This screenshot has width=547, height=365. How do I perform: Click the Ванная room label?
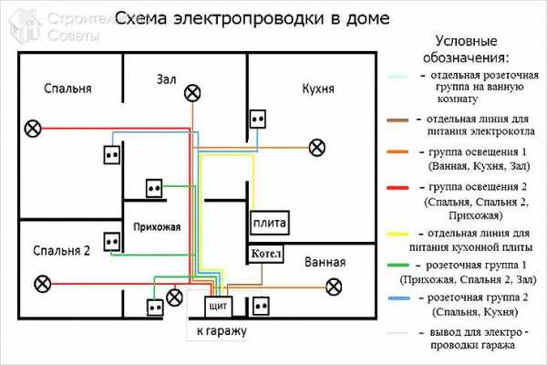click(325, 263)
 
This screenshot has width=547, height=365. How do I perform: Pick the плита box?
click(271, 223)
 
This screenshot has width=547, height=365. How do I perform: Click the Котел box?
click(263, 253)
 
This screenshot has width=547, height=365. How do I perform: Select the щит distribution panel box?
click(217, 304)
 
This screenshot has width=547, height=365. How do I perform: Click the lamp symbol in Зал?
click(191, 91)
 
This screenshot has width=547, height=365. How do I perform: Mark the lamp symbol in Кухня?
click(315, 146)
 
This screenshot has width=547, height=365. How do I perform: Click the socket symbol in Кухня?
click(257, 119)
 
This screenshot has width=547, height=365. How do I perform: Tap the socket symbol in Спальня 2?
click(113, 241)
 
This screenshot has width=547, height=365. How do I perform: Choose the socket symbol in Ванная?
click(263, 303)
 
